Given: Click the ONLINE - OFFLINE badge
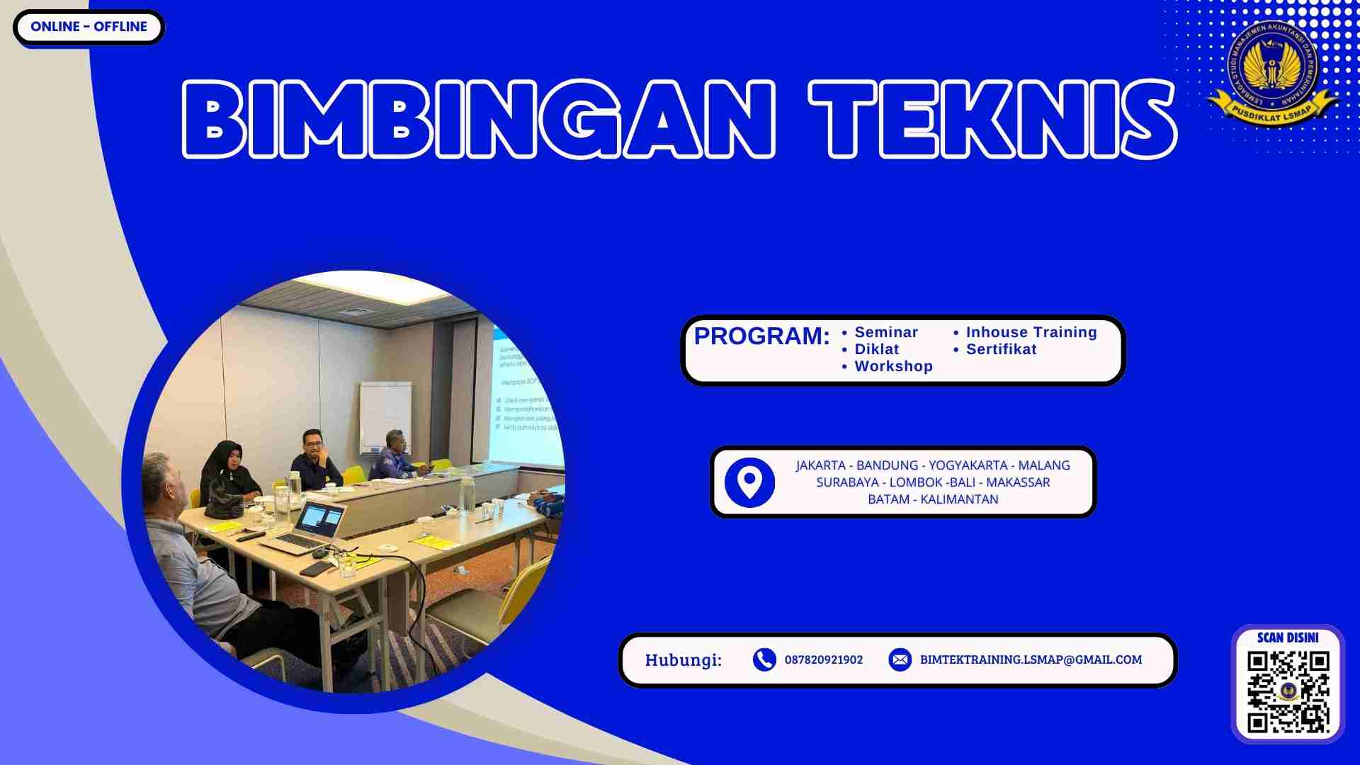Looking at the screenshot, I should coord(89,27).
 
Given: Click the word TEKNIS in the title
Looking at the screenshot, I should coord(992,119).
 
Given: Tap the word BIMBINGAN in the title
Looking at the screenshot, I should coord(479,119).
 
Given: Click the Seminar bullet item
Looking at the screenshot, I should coord(885,332).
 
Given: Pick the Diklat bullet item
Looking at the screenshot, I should coord(876,349).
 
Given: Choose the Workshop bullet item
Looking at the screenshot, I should coord(893,366).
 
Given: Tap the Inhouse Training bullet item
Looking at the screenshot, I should coord(1031,332).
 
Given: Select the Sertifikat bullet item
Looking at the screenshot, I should coord(1001,349).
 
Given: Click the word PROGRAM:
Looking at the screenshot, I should coord(761,336).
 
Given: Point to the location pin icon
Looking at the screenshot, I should coord(749,482).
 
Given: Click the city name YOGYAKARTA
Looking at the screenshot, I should coord(968,465).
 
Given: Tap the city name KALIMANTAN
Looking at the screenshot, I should coord(959,499).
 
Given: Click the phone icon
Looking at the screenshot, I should coord(764,659).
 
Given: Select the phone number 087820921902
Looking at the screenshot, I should coord(823,659).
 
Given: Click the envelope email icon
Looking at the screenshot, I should coord(900,659).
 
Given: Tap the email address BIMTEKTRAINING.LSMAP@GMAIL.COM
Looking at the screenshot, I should coord(1031,659).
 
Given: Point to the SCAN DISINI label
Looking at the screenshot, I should coord(1288,637).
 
